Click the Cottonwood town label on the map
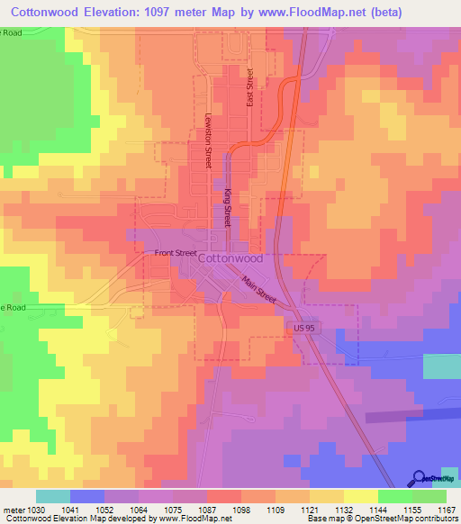click(x=230, y=257)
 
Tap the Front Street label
click(x=175, y=253)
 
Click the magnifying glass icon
click(x=420, y=478)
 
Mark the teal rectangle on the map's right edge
click(x=441, y=366)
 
